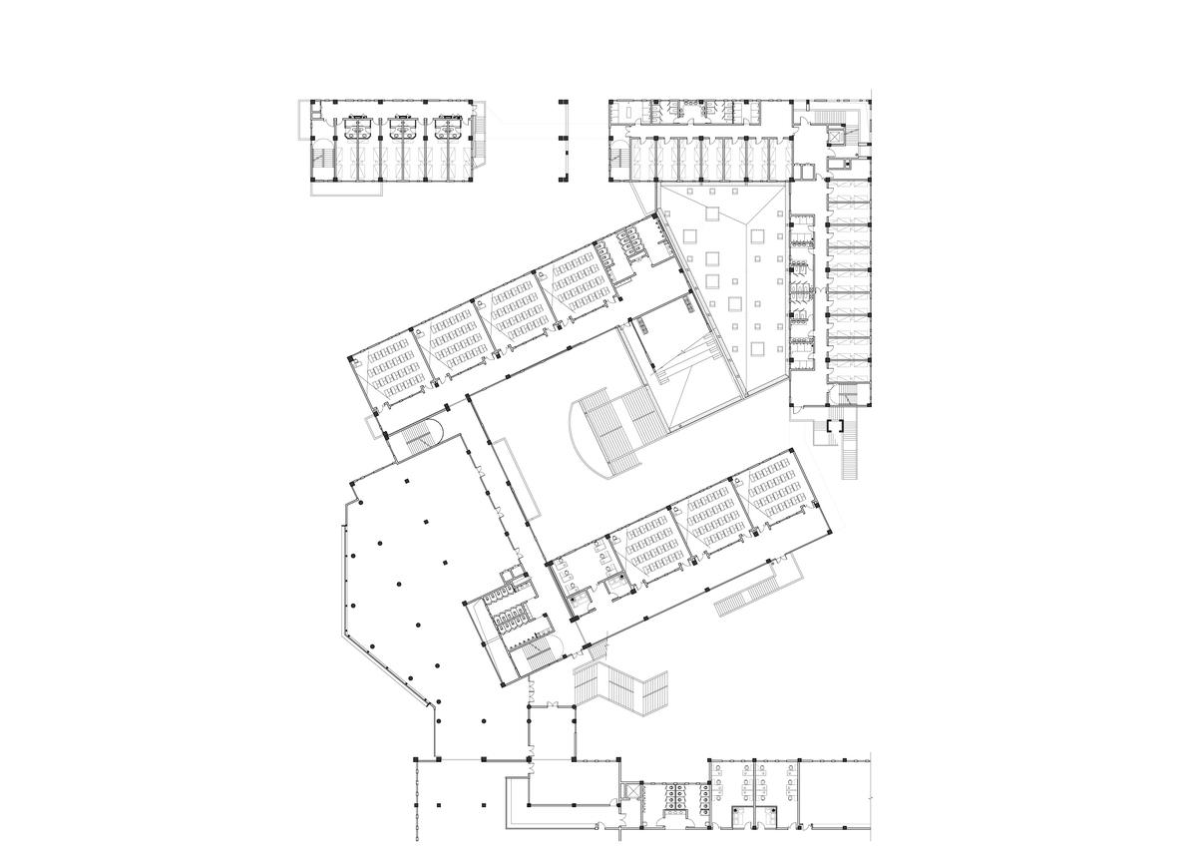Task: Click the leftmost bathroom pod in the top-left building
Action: pos(356,127)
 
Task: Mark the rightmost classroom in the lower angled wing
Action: pos(781,489)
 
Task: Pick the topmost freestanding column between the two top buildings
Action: pos(562,101)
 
